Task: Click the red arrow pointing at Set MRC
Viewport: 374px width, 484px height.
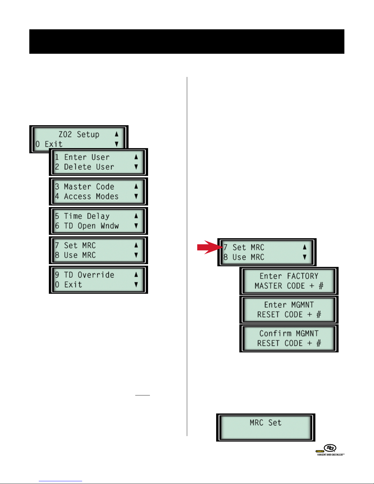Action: tap(209, 247)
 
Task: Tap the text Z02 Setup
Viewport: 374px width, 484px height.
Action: tap(79, 134)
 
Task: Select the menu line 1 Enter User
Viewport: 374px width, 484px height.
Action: tap(82, 157)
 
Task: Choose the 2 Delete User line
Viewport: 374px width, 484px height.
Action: tap(85, 167)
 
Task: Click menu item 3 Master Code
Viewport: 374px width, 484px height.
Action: tap(85, 187)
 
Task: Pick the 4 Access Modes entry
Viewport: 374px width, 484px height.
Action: tap(87, 196)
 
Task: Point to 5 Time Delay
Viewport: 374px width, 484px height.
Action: tap(82, 216)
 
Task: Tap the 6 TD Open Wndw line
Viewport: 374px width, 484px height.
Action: tap(87, 226)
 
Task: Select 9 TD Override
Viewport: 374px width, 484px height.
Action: tap(85, 275)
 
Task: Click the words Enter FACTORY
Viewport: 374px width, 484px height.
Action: tap(289, 276)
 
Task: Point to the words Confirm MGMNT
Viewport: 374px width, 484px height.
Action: tap(289, 333)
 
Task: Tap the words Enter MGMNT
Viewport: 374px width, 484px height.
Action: tap(289, 305)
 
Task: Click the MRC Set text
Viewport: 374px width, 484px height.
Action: tap(265, 423)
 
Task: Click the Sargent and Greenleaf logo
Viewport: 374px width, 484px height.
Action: tap(330, 449)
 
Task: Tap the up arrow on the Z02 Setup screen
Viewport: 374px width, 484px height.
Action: tap(117, 134)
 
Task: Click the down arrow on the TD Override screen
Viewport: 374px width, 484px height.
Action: tap(136, 285)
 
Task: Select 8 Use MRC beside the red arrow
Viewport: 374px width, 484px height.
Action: tap(244, 257)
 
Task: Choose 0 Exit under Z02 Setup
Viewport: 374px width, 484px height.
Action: tap(49, 144)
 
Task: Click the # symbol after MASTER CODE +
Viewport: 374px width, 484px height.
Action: tap(321, 286)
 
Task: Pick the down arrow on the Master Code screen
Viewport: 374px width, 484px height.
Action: tap(136, 196)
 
